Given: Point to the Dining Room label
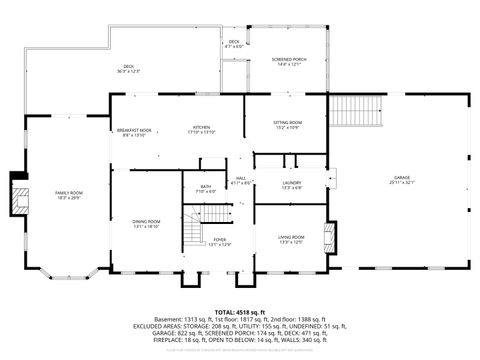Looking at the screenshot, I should coord(146,224).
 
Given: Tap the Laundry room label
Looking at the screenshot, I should coord(292,184).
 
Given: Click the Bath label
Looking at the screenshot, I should coord(205,188).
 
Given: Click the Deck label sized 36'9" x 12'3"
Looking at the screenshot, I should coord(128,69).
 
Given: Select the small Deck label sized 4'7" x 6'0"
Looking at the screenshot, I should coord(233,44).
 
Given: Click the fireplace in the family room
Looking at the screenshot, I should coord(18,197).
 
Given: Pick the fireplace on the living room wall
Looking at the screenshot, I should coord(335,236).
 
